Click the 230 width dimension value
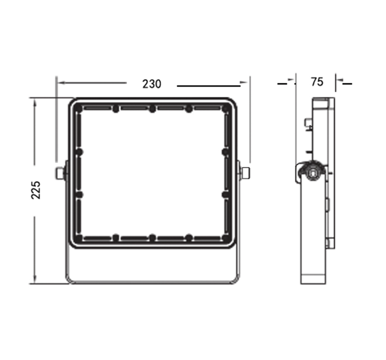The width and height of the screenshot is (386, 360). [x=152, y=83]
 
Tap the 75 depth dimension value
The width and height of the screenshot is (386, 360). [x=317, y=81]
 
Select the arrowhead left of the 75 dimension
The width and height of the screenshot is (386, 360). [x=292, y=81]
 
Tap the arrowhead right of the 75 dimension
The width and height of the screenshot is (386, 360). [x=339, y=81]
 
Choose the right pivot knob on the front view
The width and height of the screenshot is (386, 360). [x=245, y=173]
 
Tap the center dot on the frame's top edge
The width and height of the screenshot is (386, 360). [x=152, y=109]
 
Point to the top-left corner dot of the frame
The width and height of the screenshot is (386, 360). [x=79, y=109]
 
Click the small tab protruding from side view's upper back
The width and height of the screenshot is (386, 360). [x=308, y=122]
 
